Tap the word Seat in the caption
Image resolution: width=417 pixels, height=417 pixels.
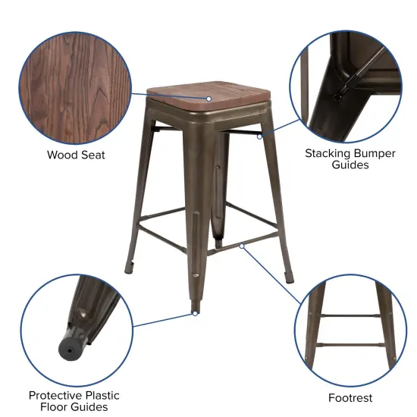[x=93, y=155]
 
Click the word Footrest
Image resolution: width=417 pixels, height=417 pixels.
[x=350, y=397]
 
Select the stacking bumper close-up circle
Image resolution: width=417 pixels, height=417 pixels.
[x=350, y=83]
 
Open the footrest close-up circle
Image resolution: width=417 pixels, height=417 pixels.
[x=350, y=327]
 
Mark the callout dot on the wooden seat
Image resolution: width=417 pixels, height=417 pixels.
[x=209, y=99]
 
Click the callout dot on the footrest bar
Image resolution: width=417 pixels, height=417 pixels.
[x=242, y=246]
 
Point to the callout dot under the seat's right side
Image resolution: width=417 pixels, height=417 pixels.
[x=260, y=136]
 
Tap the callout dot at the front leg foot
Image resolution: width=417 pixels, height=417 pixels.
[x=195, y=313]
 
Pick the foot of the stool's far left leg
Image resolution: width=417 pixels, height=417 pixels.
[x=129, y=268]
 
